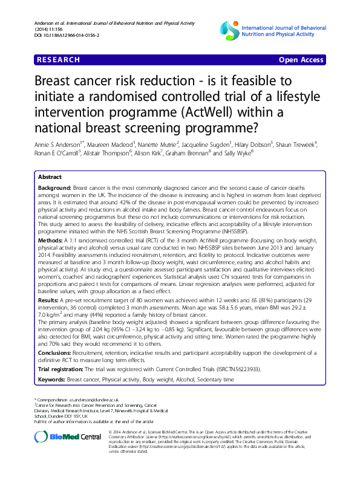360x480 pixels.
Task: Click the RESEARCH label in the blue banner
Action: pos(58,60)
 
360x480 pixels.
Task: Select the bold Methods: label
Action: pos(51,223)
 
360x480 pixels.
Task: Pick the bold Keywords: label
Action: pos(52,380)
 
